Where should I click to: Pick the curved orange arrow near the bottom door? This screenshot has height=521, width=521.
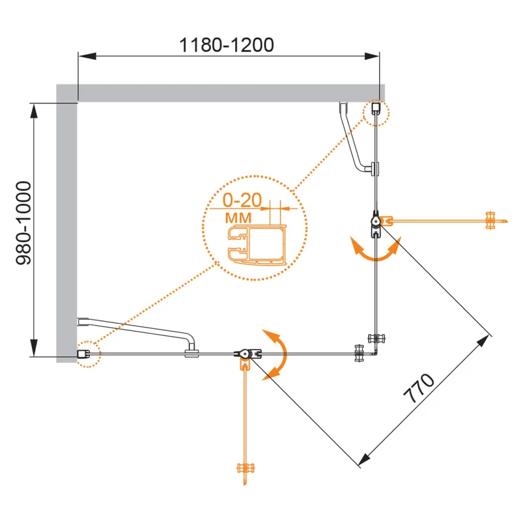[x=276, y=354]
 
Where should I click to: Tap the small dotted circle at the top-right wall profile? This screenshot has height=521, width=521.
[x=376, y=111]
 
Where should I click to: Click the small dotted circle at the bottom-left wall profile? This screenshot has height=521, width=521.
[x=86, y=354]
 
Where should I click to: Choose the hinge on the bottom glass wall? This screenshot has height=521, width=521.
[x=245, y=354]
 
